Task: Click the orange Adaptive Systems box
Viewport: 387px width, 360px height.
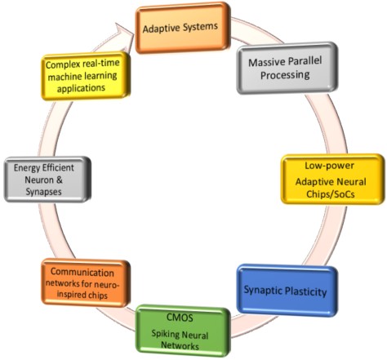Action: tap(183, 28)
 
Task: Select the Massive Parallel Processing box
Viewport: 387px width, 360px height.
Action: tap(287, 68)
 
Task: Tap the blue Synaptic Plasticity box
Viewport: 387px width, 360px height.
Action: tap(287, 291)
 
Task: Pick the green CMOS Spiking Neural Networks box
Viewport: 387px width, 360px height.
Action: tap(183, 331)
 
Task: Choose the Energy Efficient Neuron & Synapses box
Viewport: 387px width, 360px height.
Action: tap(47, 180)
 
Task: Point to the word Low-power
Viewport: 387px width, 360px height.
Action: tap(329, 166)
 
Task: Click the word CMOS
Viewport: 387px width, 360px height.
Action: tap(180, 318)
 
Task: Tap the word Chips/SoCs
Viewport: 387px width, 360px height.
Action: tap(331, 194)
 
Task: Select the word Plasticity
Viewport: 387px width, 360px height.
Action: tap(305, 291)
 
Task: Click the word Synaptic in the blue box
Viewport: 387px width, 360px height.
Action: tap(263, 290)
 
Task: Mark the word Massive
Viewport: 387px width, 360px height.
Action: tap(265, 62)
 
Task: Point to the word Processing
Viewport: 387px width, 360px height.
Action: tap(285, 75)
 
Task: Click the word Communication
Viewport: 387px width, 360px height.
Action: tap(82, 272)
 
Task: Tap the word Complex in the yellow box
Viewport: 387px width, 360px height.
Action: tap(63, 65)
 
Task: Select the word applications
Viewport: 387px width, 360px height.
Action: tap(81, 88)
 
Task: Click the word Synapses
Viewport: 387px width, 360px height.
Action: tap(43, 192)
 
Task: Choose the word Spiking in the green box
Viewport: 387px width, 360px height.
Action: tap(165, 334)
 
